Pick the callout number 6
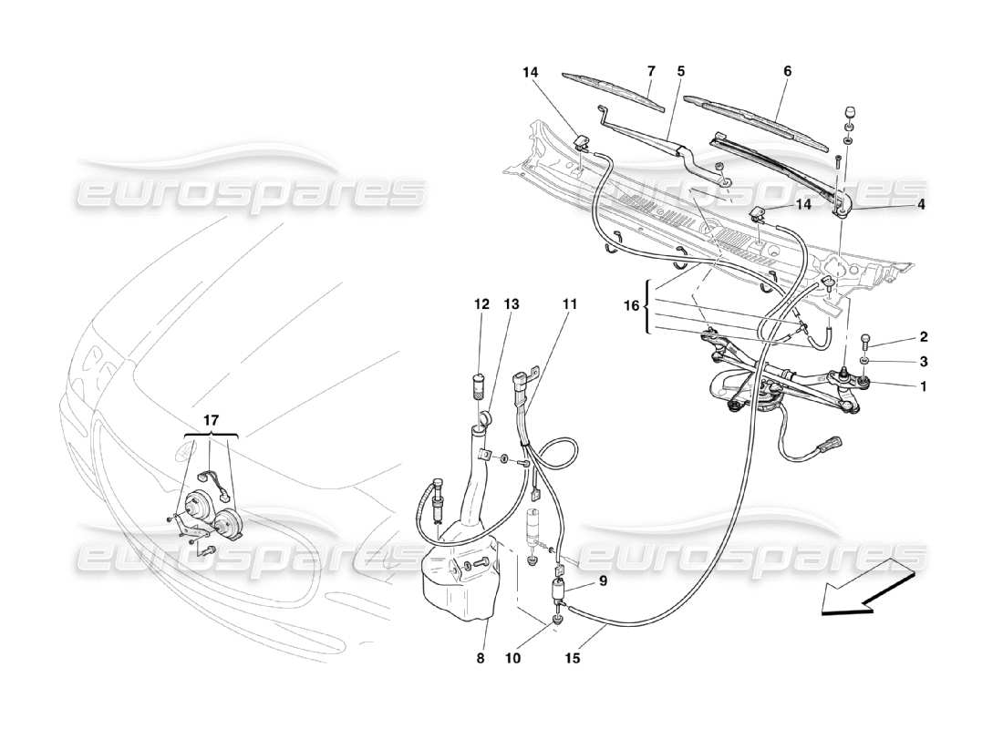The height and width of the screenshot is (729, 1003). coord(787,71)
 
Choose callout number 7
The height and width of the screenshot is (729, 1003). coord(651,71)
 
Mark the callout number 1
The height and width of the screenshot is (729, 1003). coord(923,386)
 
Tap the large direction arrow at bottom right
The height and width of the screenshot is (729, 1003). coord(866,591)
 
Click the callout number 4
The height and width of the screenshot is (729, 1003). coord(922,206)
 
